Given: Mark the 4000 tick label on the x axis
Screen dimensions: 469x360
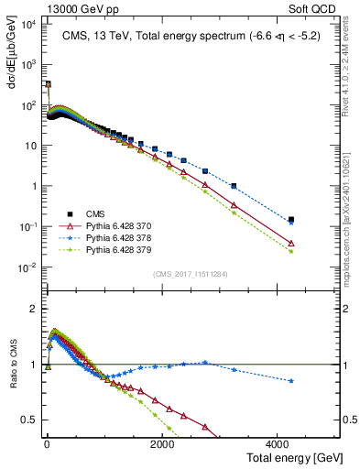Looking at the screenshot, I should pyautogui.click(x=278, y=444).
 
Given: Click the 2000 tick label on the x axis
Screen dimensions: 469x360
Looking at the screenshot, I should pyautogui.click(x=162, y=444).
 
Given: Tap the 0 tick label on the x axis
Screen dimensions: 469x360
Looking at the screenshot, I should pyautogui.click(x=47, y=444).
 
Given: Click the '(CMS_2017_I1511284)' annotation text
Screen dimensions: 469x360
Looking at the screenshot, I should pyautogui.click(x=191, y=273).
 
